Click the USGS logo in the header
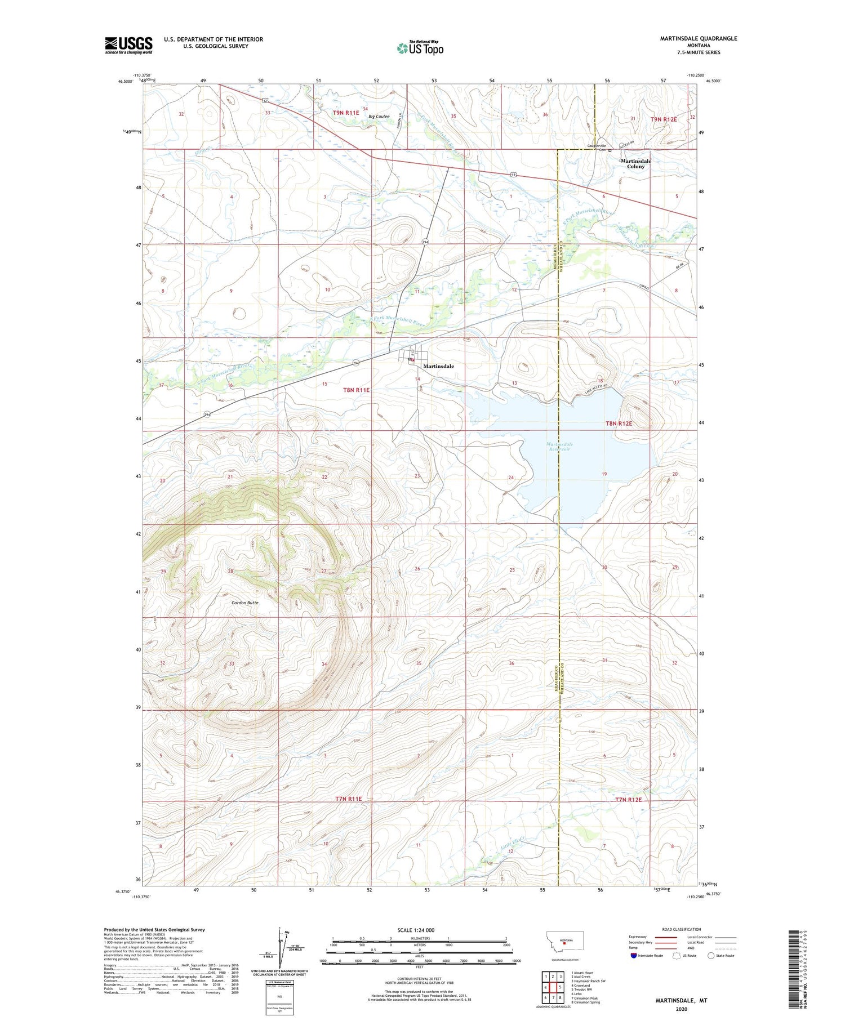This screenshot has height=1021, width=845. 128,45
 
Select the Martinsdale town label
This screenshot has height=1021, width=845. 438,366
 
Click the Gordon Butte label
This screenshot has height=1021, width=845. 245,603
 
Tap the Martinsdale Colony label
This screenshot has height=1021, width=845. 635,163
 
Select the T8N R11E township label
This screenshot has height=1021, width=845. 356,390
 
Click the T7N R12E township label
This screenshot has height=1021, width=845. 628,799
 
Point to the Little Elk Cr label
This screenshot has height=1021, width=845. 513,842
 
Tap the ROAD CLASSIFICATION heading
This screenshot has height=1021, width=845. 682,929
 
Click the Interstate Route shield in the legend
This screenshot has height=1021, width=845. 634,956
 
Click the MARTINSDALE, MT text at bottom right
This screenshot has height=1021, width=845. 681,1001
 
